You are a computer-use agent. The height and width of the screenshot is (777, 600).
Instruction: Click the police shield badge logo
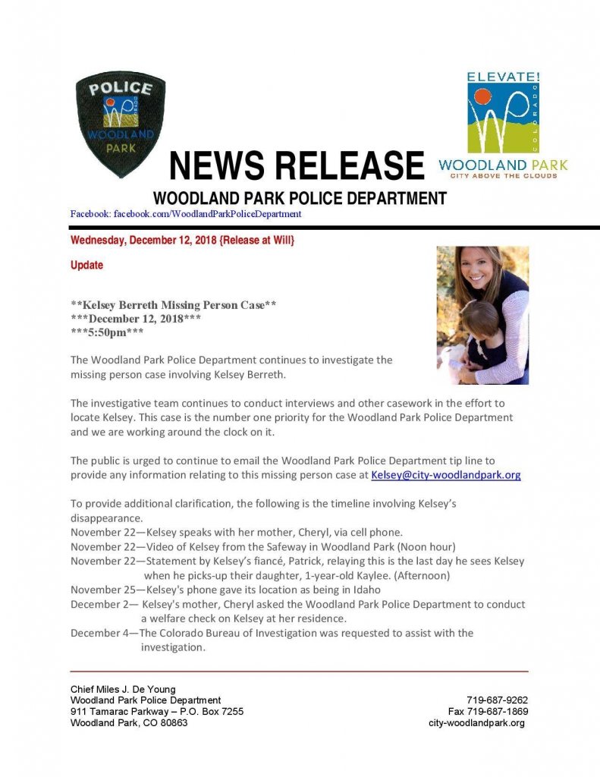pyautogui.click(x=120, y=123)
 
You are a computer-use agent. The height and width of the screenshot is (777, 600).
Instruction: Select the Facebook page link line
pyautogui.click(x=186, y=214)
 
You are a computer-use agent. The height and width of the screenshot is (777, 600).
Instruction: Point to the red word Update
pyautogui.click(x=86, y=266)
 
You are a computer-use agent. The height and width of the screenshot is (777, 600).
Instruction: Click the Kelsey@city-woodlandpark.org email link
pyautogui.click(x=445, y=475)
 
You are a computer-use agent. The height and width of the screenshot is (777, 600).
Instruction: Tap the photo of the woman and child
pyautogui.click(x=482, y=315)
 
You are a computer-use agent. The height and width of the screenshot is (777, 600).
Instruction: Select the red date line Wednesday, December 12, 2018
pyautogui.click(x=182, y=241)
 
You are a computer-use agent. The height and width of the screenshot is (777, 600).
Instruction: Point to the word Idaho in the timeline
pyautogui.click(x=348, y=590)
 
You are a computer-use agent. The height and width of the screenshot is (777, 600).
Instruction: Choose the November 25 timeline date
pyautogui.click(x=105, y=590)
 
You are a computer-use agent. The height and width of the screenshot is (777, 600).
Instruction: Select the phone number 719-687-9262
pyautogui.click(x=497, y=700)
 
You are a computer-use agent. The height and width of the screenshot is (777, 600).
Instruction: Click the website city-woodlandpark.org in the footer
pyautogui.click(x=476, y=723)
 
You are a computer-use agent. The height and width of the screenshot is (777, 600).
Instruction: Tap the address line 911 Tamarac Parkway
pyautogui.click(x=156, y=711)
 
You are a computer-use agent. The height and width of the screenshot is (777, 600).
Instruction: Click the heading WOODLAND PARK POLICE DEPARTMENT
pyautogui.click(x=300, y=199)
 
